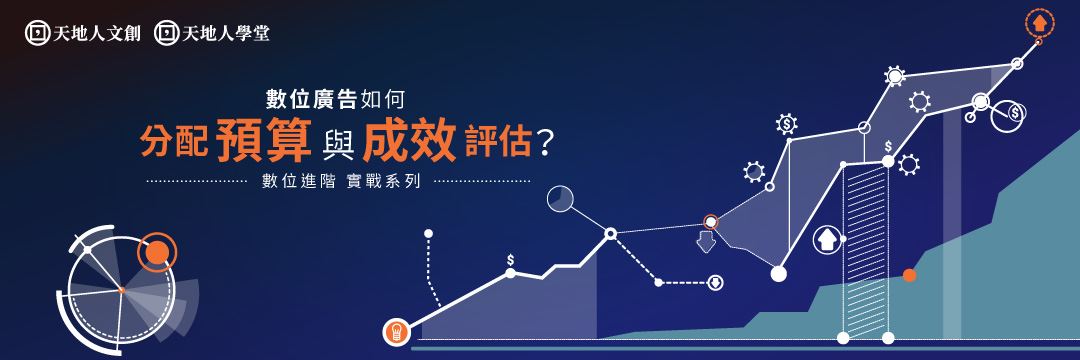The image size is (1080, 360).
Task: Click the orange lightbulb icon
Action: tap(397, 332)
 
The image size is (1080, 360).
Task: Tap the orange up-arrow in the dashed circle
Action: tap(1039, 23)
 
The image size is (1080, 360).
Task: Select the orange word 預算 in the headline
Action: tap(263, 140)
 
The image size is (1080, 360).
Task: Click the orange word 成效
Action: tap(410, 140)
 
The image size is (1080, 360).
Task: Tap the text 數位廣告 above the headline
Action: tap(311, 100)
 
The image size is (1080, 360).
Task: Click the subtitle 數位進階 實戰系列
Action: tap(341, 182)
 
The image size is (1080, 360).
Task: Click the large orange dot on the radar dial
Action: tap(157, 252)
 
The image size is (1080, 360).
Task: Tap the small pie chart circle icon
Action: tap(560, 198)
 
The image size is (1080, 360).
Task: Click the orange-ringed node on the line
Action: tap(710, 222)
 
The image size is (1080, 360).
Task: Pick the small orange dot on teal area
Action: tap(909, 275)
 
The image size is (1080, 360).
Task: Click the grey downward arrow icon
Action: tap(706, 242)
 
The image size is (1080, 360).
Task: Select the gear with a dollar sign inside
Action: tap(786, 123)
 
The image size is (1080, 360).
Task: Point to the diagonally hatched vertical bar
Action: tap(866, 249)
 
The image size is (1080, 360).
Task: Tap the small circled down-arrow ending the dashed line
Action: tap(716, 282)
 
